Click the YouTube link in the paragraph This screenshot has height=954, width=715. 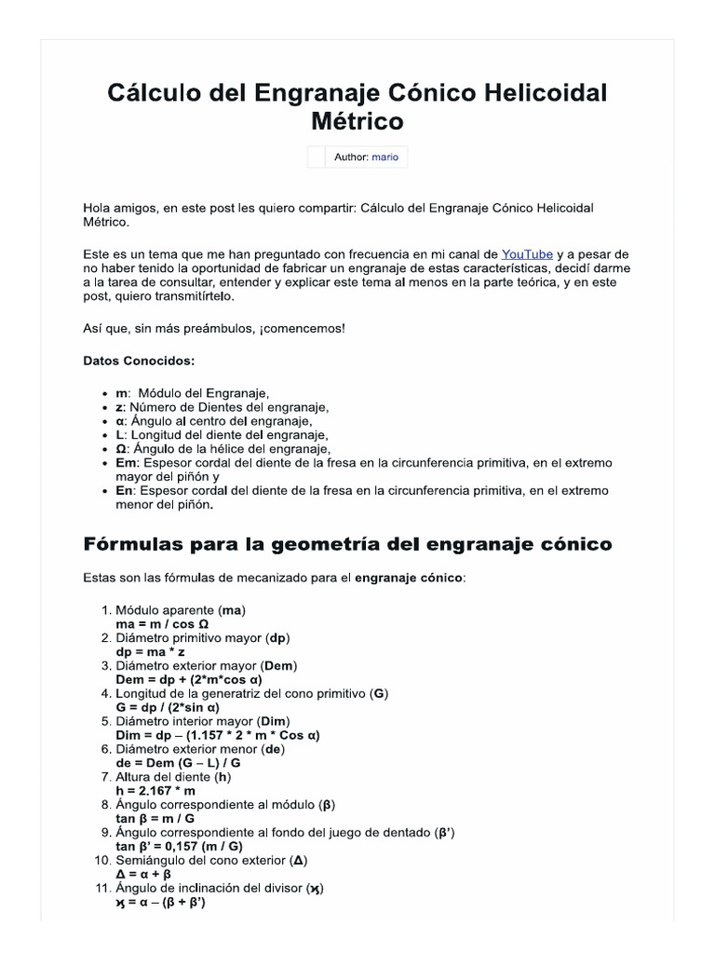527,254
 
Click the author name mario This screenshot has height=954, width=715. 384,157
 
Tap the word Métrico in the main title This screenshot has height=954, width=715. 357,121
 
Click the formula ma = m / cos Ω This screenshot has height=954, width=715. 162,623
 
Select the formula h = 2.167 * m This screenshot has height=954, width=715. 155,790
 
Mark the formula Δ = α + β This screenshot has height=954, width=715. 143,874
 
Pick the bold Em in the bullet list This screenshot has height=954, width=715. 127,463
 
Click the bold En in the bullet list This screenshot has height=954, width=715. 125,491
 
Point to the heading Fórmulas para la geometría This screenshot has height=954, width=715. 347,543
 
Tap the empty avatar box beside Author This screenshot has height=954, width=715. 317,157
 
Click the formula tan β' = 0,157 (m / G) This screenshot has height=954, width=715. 179,846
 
